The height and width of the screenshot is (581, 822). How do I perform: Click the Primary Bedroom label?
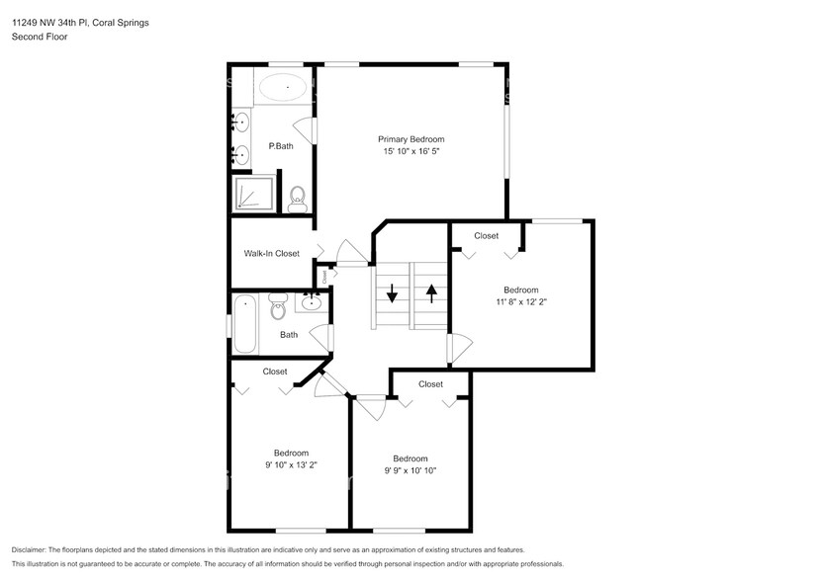click(411, 139)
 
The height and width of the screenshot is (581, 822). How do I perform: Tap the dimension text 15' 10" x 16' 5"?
click(411, 152)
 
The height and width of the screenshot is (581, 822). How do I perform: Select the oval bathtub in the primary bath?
click(284, 88)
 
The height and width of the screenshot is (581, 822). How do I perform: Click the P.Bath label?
click(281, 146)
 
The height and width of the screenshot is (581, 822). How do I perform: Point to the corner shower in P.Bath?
click(252, 192)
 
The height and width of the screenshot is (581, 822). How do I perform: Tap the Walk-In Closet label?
click(271, 254)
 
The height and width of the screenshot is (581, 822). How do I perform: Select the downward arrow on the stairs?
click(392, 293)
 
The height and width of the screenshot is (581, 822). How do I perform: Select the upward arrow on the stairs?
click(431, 292)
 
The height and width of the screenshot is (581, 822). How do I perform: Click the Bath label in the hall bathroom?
click(289, 335)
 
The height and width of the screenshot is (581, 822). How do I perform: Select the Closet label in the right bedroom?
click(486, 236)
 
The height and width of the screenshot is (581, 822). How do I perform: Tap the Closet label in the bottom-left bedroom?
click(275, 372)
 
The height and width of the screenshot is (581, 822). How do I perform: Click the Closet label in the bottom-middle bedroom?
click(430, 383)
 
